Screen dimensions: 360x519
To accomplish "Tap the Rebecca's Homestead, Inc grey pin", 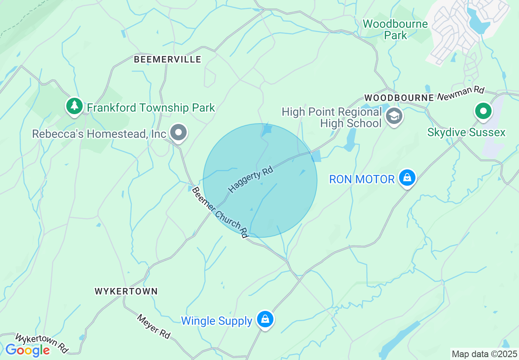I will pos(178,133).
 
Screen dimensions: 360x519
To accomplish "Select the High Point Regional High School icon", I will pos(394,116).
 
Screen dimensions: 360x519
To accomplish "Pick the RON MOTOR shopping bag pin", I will pos(407,178).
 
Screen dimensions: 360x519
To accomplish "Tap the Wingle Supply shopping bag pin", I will pos(265,319).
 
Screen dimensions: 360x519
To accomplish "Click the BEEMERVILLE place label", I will pos(168,60).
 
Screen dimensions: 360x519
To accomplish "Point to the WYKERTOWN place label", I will pos(126,291).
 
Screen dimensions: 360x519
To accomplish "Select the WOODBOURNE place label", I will pos(399,98).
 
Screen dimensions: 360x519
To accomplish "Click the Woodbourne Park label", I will pos(395,29).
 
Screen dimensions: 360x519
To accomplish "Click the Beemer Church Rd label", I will pos(220,213).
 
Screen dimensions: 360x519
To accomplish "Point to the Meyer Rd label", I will pos(153,326).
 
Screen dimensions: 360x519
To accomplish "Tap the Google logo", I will pos(27,350).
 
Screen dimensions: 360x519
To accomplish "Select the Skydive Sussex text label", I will pos(466,133).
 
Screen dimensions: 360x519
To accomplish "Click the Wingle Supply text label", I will pos(217,321).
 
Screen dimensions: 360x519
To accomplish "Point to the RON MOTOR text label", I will pos(362,179).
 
